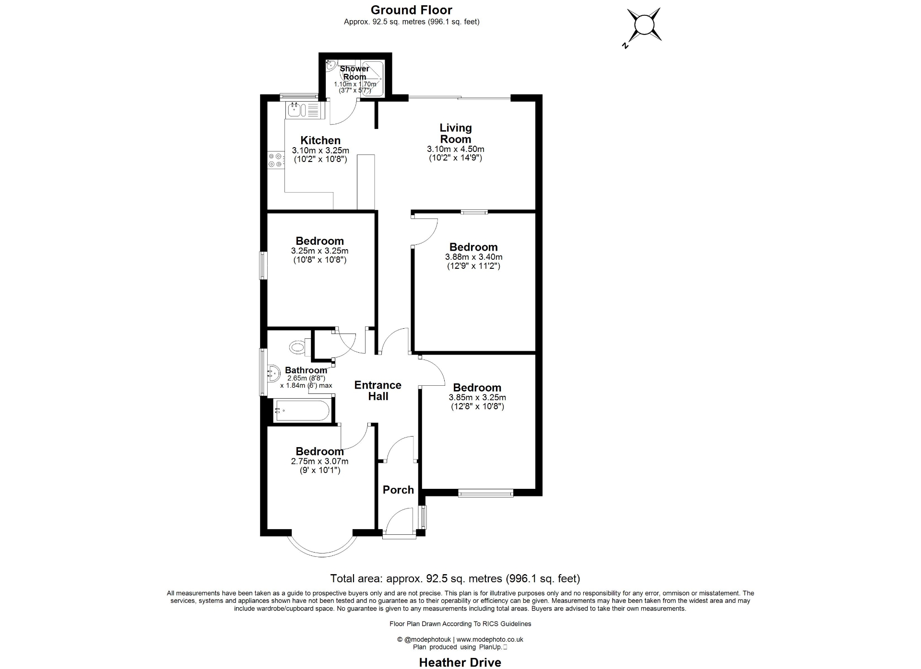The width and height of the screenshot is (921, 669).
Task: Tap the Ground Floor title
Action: pyautogui.click(x=411, y=10)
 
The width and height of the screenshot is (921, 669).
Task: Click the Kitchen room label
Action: pyautogui.click(x=320, y=140)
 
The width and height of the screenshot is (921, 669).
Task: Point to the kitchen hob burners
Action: pyautogui.click(x=275, y=160)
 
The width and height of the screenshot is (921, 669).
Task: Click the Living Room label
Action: pyautogui.click(x=455, y=134)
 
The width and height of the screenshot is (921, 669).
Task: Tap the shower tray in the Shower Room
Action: pyautogui.click(x=372, y=78)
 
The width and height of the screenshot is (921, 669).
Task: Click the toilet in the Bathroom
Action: pyautogui.click(x=299, y=346)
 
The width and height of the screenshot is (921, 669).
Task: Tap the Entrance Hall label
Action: pyautogui.click(x=378, y=391)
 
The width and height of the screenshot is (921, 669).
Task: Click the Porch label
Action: pyautogui.click(x=398, y=490)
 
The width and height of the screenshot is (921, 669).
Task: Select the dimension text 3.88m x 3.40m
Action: pyautogui.click(x=473, y=257)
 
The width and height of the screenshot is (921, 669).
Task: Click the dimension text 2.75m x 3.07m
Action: pyautogui.click(x=319, y=461)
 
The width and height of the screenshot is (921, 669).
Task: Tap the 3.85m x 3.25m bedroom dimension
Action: pyautogui.click(x=477, y=397)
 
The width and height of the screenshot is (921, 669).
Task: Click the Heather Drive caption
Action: pyautogui.click(x=460, y=662)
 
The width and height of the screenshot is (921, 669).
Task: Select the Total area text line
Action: pyautogui.click(x=455, y=578)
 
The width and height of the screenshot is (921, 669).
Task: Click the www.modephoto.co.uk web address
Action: pyautogui.click(x=490, y=639)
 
